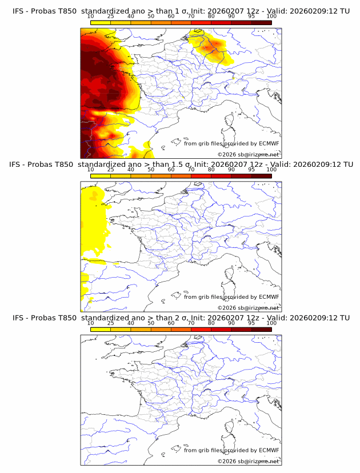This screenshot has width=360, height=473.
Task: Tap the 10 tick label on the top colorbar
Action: [x=91, y=17]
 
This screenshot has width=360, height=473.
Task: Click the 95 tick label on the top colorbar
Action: [x=251, y=17]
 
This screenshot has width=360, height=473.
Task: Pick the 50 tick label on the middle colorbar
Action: [x=151, y=170]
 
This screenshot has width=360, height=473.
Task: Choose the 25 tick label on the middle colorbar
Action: [x=110, y=170]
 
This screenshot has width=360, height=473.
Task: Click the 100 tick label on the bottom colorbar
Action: [x=271, y=323]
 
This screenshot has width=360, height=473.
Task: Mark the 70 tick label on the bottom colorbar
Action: [x=191, y=323]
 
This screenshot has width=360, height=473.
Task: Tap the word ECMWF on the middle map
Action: [x=269, y=297]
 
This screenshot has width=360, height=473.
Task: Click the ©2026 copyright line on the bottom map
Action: [x=248, y=461]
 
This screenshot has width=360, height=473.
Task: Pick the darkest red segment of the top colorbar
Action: [x=261, y=23]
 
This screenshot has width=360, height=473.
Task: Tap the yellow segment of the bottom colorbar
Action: [x=101, y=329]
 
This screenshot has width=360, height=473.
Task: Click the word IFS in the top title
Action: [x=18, y=11]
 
